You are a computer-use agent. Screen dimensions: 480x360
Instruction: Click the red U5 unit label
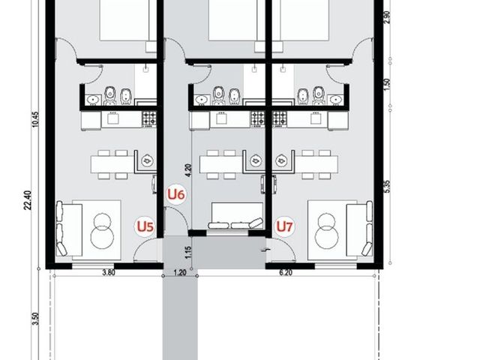pos(145,226)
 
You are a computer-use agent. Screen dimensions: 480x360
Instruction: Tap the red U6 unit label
pos(176,194)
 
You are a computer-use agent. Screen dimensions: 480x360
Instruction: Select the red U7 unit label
pos(284,226)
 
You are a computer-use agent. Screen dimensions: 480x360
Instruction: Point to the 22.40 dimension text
pos(28,200)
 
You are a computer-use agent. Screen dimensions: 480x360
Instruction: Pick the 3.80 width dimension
pos(109,272)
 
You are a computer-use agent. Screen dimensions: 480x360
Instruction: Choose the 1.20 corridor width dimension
pos(180,272)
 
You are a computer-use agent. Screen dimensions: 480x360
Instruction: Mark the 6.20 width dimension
pos(286,272)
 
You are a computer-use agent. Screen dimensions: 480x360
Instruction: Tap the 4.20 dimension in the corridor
pos(188,170)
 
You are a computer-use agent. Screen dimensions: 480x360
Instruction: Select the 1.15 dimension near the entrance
pos(188,252)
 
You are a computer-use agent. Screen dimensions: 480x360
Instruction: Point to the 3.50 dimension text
pos(35,319)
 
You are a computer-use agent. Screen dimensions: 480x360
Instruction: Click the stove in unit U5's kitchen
pos(149,118)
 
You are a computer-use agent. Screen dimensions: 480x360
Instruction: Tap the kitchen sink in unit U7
pos(314,118)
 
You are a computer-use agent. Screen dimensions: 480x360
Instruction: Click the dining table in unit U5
pos(113,164)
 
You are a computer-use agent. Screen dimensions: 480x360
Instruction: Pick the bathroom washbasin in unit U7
pos(336,100)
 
